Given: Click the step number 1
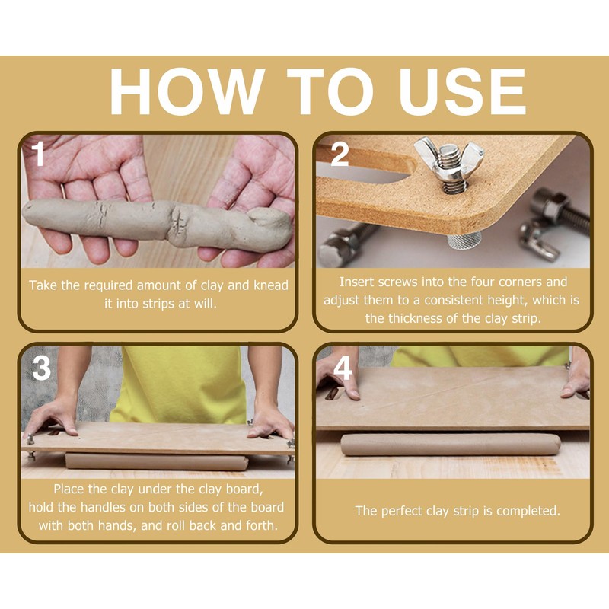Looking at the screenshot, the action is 38,154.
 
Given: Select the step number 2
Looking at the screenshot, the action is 340,154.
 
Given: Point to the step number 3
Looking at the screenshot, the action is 42,368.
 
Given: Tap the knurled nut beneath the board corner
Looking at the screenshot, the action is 464,240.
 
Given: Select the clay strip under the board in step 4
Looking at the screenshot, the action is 451,445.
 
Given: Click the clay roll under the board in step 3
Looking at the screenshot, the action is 157,461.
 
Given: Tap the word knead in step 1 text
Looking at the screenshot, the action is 271,285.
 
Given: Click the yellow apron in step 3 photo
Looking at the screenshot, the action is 179,384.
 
